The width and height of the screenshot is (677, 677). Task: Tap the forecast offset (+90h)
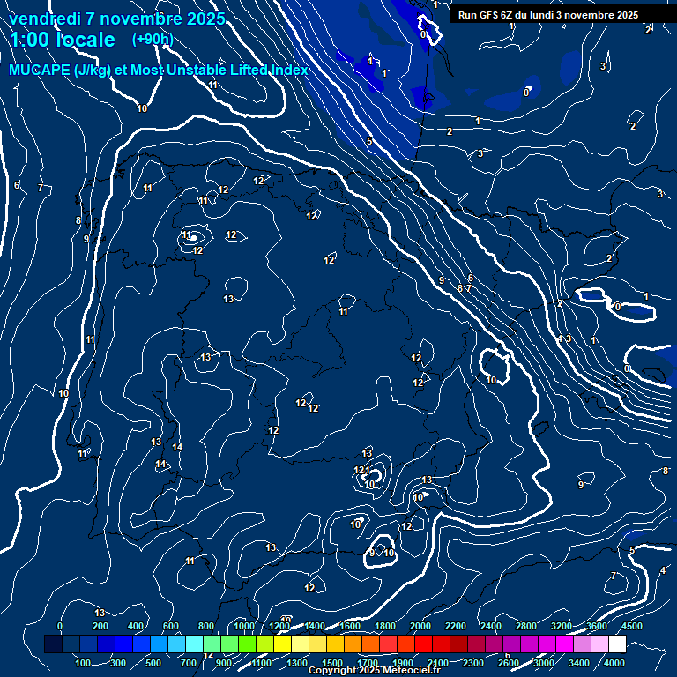(x=153, y=39)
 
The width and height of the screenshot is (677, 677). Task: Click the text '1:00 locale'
(x=63, y=40)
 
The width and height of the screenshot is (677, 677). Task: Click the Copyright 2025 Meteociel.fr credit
(x=374, y=671)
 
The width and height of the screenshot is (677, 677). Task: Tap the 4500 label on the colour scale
(x=632, y=626)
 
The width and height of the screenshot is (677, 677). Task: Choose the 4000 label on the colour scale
(x=614, y=663)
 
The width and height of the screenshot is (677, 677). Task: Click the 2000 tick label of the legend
(x=420, y=626)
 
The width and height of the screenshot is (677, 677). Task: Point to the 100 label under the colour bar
(x=84, y=663)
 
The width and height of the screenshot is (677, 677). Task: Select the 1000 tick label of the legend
(x=244, y=626)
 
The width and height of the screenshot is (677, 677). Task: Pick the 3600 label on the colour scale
(x=597, y=626)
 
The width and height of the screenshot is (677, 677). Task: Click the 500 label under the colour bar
(x=154, y=663)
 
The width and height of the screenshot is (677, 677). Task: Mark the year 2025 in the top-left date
(x=205, y=19)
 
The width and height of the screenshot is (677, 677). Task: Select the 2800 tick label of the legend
(x=526, y=626)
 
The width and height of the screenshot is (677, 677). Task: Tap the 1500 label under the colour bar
(x=332, y=663)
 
